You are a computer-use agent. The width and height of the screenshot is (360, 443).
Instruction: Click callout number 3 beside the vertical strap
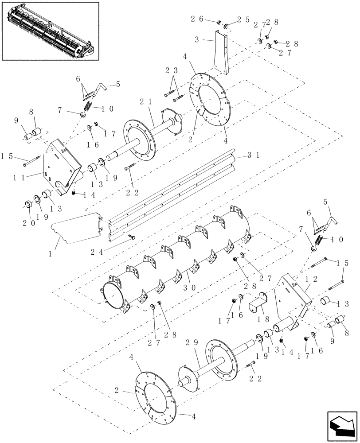tap(201, 39)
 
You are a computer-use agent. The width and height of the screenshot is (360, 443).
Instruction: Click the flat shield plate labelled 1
tap(75, 228)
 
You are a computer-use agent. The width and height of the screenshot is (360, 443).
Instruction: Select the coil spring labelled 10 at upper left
tap(88, 108)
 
